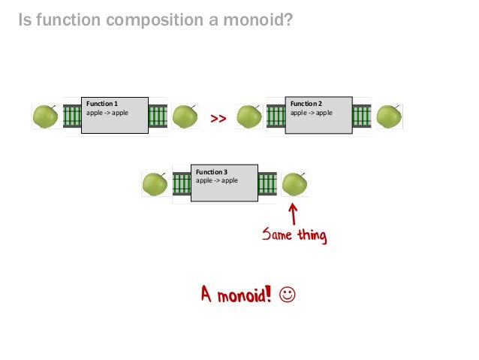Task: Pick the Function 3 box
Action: tap(224, 183)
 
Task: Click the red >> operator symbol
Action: tap(218, 119)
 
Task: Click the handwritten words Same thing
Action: tap(294, 236)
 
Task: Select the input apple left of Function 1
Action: tap(46, 116)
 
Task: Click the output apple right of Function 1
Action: tap(185, 116)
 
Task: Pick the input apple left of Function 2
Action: tap(249, 116)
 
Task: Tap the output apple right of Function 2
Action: tap(389, 116)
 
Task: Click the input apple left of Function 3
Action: tap(155, 183)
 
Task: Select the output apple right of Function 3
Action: tap(294, 183)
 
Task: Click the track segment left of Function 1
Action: tap(71, 116)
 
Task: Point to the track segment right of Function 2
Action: tap(362, 116)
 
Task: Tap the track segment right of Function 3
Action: tap(267, 183)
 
